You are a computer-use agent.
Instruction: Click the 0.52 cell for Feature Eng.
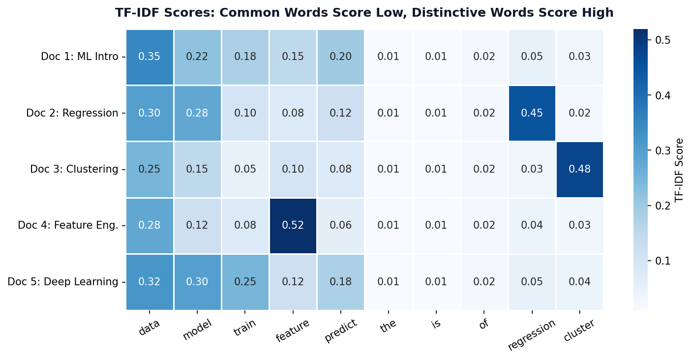pyautogui.click(x=293, y=226)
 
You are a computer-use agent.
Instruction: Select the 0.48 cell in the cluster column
pyautogui.click(x=579, y=169)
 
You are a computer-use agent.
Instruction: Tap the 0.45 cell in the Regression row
pyautogui.click(x=532, y=113)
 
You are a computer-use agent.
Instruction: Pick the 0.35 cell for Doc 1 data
pyautogui.click(x=150, y=57)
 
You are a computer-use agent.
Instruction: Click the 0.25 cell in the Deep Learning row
pyautogui.click(x=245, y=282)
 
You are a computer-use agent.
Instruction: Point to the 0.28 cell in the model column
pyautogui.click(x=197, y=113)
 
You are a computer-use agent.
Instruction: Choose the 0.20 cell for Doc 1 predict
pyautogui.click(x=340, y=57)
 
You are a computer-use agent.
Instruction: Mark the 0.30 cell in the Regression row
pyautogui.click(x=150, y=113)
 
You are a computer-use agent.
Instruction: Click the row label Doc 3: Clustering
pyautogui.click(x=74, y=169)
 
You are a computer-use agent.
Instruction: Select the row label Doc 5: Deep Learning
pyautogui.click(x=63, y=282)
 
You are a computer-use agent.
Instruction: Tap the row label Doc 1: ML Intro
pyautogui.click(x=80, y=57)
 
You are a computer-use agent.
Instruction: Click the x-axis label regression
pyautogui.click(x=531, y=335)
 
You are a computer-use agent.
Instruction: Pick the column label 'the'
pyautogui.click(x=388, y=326)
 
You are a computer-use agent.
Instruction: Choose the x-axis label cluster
pyautogui.click(x=579, y=330)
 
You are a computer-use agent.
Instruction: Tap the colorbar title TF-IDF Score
pyautogui.click(x=680, y=169)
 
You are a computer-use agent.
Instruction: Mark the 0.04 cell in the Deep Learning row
pyautogui.click(x=579, y=282)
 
